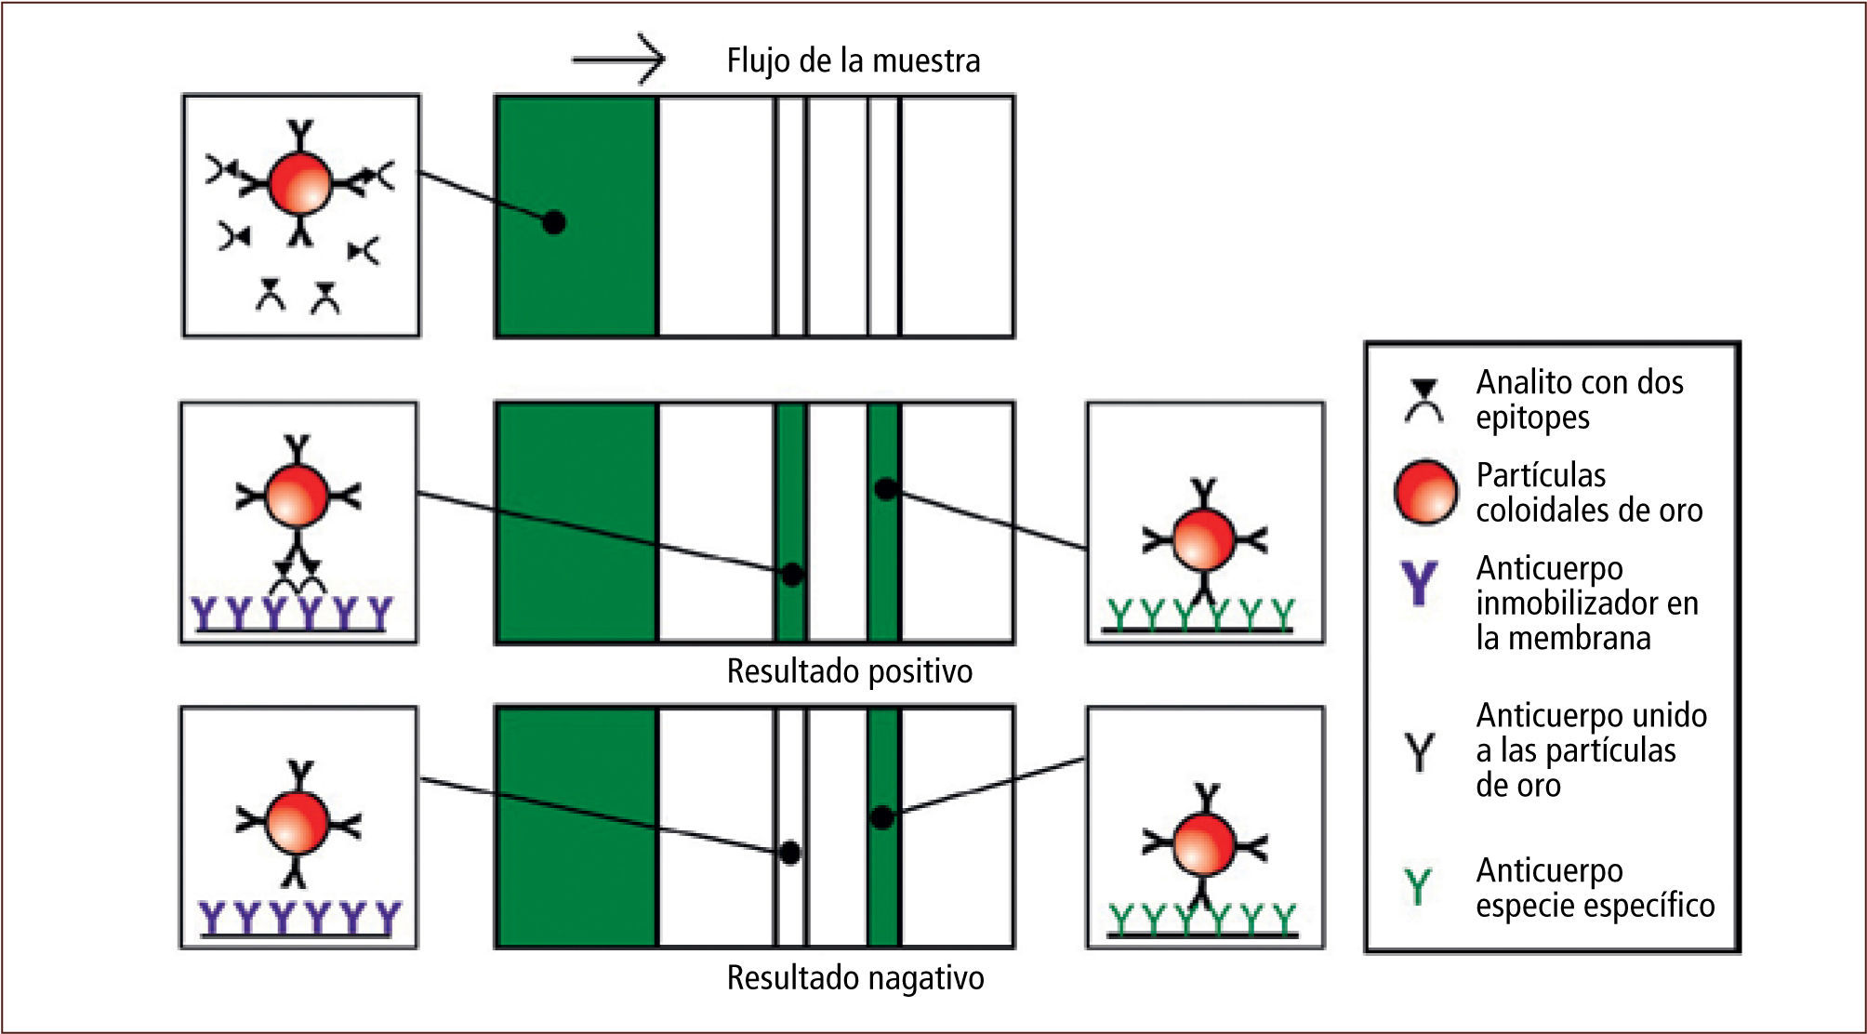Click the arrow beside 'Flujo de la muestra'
coord(619,60)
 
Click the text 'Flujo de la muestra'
coord(853,60)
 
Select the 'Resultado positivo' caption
coord(849,671)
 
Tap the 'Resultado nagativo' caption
coord(854,978)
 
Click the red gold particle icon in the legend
coord(1425,492)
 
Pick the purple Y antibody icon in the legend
coord(1419,582)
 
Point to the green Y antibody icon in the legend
coord(1418,886)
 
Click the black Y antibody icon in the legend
coord(1419,751)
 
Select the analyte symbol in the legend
coord(1423,401)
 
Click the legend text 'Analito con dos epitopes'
coord(1579,400)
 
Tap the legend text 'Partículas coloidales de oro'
coord(1588,492)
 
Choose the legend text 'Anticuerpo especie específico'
coord(1594,887)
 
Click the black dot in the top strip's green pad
coord(554,222)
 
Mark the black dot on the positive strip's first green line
coord(791,575)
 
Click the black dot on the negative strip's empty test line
coord(789,852)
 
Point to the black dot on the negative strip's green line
coord(882,818)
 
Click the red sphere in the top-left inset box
coord(299,183)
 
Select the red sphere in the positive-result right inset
coord(1204,538)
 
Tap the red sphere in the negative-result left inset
coord(298,822)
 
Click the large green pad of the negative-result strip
coord(576,826)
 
